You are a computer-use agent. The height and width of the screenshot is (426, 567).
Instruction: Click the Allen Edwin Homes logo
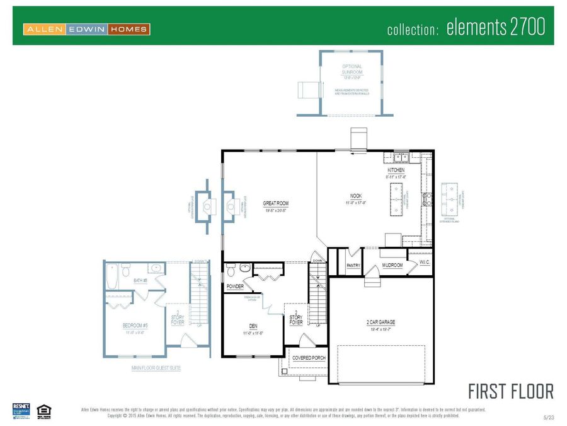coord(86,29)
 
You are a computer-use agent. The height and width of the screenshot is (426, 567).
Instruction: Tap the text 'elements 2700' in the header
coord(495,28)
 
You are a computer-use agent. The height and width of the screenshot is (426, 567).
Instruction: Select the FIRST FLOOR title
coord(511,391)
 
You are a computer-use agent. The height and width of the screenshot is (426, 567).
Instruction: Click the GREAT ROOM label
coord(275,203)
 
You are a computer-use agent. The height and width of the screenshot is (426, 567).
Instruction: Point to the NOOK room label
coord(356,196)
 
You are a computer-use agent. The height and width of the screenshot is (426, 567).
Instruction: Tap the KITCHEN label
coord(396,170)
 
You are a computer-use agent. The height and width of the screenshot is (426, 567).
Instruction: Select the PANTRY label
coord(353,266)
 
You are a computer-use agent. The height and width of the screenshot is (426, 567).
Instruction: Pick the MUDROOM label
coord(392,266)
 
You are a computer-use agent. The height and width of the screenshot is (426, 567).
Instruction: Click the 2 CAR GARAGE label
coord(381,322)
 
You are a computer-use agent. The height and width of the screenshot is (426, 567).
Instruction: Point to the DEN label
coord(252,326)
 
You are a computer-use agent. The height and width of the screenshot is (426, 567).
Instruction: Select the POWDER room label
coord(235,287)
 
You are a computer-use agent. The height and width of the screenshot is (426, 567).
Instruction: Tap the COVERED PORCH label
coord(308,358)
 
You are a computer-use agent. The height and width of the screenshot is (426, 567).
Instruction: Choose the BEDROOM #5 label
coord(134,326)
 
